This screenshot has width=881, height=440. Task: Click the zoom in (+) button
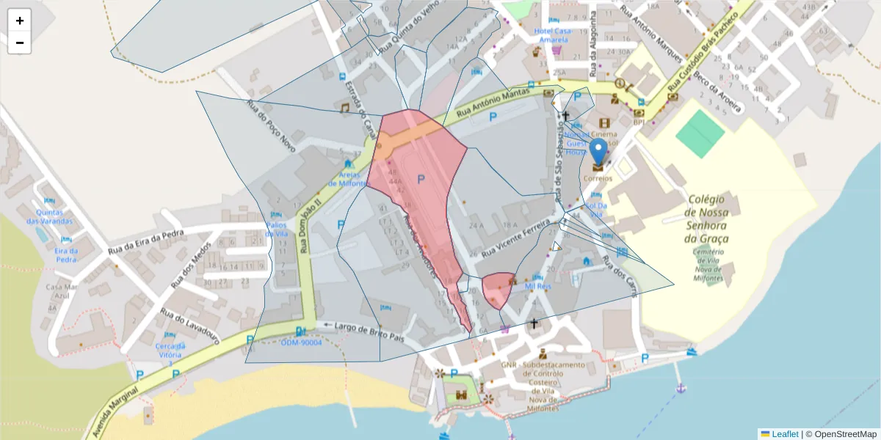pyautogui.click(x=20, y=21)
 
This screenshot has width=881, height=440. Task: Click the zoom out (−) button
pyautogui.click(x=20, y=43)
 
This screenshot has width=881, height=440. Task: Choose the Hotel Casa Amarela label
pyautogui.click(x=553, y=35)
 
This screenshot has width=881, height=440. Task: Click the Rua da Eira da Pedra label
pyautogui.click(x=145, y=241)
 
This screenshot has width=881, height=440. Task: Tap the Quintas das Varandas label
pyautogui.click(x=50, y=216)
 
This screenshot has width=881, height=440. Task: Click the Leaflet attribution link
pyautogui.click(x=785, y=433)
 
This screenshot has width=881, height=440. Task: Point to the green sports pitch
pyautogui.click(x=700, y=133)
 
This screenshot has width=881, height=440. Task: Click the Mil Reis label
pyautogui.click(x=538, y=286)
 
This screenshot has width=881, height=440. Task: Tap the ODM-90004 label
pyautogui.click(x=301, y=342)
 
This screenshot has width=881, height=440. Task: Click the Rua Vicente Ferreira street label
pyautogui.click(x=517, y=234)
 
